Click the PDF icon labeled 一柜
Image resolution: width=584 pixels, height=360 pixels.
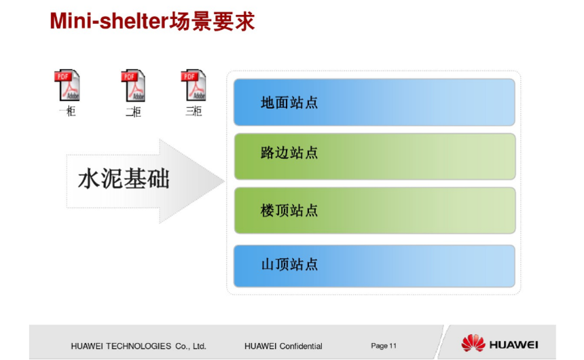[67, 85]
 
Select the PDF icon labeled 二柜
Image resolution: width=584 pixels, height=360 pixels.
[133, 85]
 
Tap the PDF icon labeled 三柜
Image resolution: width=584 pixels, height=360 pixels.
[194, 85]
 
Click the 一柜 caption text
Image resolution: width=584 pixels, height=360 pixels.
[67, 111]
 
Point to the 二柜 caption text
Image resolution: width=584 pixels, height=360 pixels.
[133, 111]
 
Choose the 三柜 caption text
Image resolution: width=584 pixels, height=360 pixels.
[194, 111]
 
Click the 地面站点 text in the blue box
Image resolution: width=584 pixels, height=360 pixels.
[289, 103]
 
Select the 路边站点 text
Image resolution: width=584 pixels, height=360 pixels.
[289, 153]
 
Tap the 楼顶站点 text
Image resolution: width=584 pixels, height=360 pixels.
[289, 211]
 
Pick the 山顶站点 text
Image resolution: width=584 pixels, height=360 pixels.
[289, 264]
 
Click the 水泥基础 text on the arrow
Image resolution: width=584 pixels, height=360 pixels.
[124, 179]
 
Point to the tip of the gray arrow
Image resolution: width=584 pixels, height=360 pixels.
[225, 181]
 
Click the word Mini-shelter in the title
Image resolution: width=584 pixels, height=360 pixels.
[109, 21]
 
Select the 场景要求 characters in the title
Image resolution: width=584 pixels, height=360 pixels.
[212, 21]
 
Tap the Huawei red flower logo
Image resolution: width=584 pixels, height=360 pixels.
[473, 343]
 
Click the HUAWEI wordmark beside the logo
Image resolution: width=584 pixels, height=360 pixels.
[513, 345]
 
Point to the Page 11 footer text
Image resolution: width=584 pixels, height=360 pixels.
[384, 346]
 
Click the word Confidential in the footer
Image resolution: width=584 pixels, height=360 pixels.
[301, 346]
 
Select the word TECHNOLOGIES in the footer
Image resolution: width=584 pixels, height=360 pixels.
[139, 346]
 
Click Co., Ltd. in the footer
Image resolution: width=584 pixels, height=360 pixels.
[191, 346]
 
